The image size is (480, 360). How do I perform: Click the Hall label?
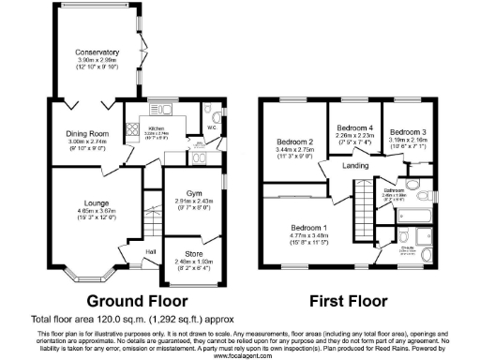[x=150, y=251]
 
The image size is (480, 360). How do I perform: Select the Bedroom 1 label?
[x=308, y=227]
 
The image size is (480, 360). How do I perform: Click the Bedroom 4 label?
[x=354, y=127]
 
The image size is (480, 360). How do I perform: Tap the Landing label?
[x=354, y=167]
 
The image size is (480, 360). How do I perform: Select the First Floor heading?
[x=347, y=302]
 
